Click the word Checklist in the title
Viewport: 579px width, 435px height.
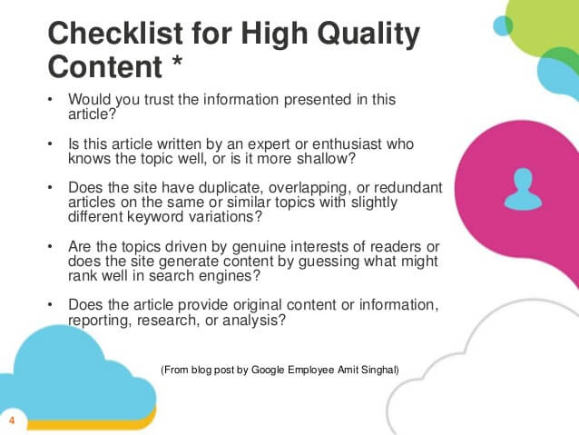pyautogui.click(x=115, y=34)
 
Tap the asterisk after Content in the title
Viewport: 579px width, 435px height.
pyautogui.click(x=177, y=61)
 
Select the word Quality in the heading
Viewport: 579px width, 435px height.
pyautogui.click(x=368, y=35)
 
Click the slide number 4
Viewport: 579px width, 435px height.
pyautogui.click(x=12, y=420)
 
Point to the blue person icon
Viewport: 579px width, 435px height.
pyautogui.click(x=524, y=189)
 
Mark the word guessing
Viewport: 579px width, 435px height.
pyautogui.click(x=329, y=262)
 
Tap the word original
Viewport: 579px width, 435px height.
pyautogui.click(x=258, y=305)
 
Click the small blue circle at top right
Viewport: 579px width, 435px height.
pyautogui.click(x=503, y=25)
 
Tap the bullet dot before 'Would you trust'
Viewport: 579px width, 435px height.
pyautogui.click(x=50, y=100)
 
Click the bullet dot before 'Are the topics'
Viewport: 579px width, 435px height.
pyautogui.click(x=50, y=247)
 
